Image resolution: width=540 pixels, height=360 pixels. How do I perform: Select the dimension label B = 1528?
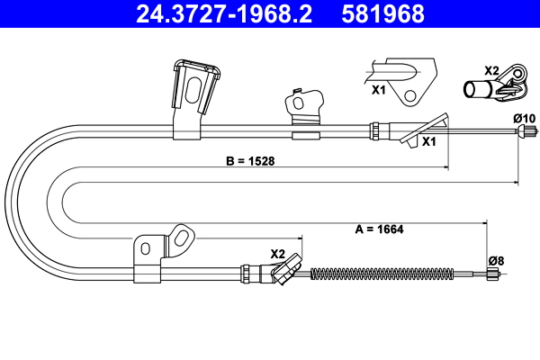pyautogui.click(x=249, y=163)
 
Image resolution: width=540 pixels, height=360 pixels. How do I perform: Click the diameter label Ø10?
pyautogui.click(x=524, y=118)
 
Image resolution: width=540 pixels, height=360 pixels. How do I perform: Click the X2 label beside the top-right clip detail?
pyautogui.click(x=491, y=70)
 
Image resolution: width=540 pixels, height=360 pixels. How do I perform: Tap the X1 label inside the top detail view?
pyautogui.click(x=379, y=90)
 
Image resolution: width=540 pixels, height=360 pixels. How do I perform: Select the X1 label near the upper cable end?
pyautogui.click(x=428, y=142)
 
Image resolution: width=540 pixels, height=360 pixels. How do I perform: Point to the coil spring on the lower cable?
pyautogui.click(x=378, y=274)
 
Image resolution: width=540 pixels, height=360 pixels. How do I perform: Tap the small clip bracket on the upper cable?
pyautogui.click(x=303, y=112)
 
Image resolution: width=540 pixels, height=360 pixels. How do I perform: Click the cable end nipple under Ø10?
pyautogui.click(x=522, y=134)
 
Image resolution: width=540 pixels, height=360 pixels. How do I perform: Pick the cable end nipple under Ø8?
pyautogui.click(x=493, y=276)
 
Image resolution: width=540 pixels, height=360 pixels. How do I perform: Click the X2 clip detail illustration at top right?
pyautogui.click(x=499, y=85)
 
